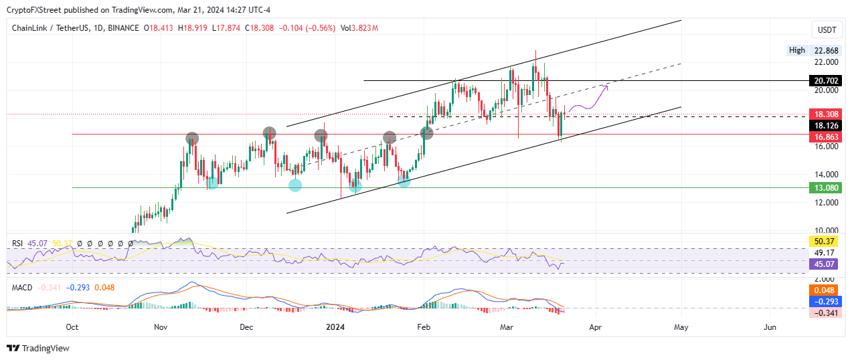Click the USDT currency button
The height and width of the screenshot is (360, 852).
click(827, 30)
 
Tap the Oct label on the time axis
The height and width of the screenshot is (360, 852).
click(72, 327)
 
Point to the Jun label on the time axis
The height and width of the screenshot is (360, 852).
click(770, 327)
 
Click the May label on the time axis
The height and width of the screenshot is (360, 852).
click(681, 327)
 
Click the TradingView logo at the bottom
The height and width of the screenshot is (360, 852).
click(38, 348)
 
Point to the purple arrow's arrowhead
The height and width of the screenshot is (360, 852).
click(606, 86)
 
